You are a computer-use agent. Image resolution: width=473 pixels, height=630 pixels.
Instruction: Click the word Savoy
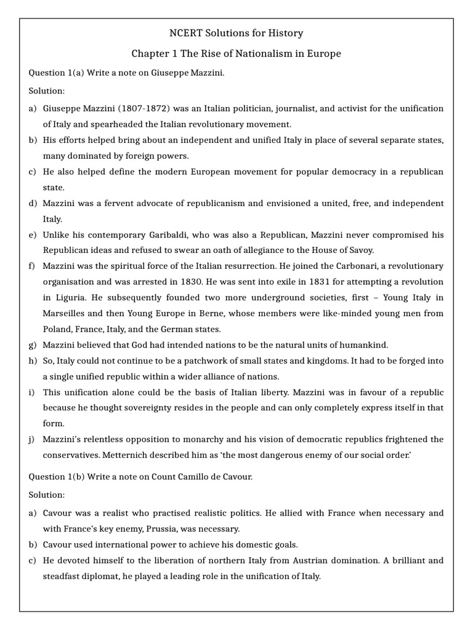pos(360,250)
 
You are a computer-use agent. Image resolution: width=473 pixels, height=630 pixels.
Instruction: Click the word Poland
pos(59,329)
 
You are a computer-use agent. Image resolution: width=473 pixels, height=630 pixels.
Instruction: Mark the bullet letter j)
pos(32,439)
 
